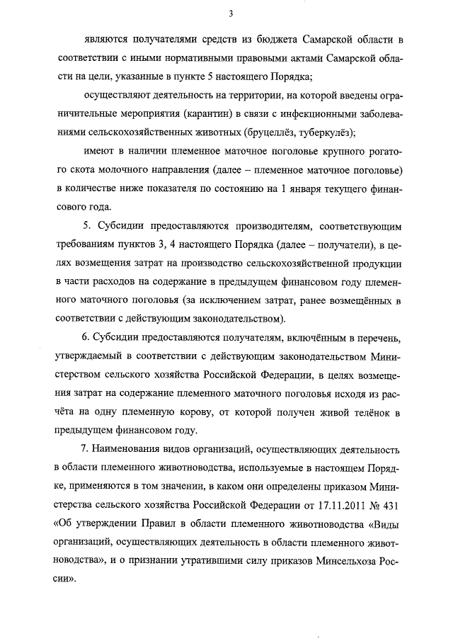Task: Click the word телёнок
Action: pos(367,412)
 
